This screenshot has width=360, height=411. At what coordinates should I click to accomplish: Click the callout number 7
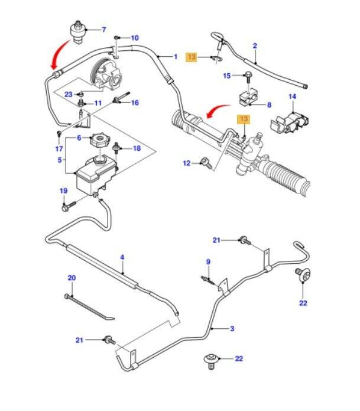pos(103,30)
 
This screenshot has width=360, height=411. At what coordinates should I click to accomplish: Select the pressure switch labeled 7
pos(79,30)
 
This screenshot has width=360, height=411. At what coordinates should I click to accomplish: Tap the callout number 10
pos(135,38)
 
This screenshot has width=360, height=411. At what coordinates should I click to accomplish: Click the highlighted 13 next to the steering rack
pos(244,119)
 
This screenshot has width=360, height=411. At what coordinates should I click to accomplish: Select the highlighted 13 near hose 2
pos(192,57)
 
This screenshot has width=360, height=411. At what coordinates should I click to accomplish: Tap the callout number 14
pos(292,96)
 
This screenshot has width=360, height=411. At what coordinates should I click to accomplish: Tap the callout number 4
pos(122,257)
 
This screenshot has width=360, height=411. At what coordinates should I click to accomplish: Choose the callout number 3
pos(232,329)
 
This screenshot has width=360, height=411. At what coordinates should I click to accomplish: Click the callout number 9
pos(208,262)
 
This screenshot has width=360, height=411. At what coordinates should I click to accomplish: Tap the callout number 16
pos(135,103)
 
